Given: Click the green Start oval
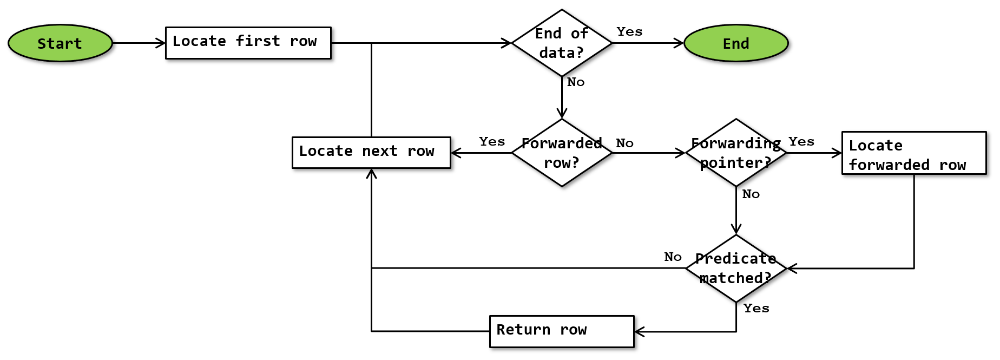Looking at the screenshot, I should [60, 43].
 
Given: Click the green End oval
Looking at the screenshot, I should [736, 43].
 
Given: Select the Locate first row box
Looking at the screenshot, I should [248, 43].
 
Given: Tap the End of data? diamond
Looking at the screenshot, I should [562, 43].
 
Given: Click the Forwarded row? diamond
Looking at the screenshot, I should [562, 153].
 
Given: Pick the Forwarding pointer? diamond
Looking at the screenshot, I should [736, 153].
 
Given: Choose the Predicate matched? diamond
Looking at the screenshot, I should [736, 268].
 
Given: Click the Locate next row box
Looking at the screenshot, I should [371, 153].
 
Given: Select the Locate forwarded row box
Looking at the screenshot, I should [914, 153].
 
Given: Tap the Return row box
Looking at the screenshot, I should [562, 331].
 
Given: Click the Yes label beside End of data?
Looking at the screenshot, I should [629, 31].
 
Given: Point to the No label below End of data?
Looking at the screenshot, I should [576, 82].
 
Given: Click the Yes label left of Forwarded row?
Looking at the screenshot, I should [492, 141].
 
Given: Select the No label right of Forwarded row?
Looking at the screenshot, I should [624, 143].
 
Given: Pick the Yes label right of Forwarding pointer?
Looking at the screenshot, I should [801, 141].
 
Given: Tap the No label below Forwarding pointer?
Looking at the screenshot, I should [751, 194].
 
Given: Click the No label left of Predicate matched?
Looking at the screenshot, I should [673, 257].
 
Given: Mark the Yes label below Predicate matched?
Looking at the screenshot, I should [756, 308].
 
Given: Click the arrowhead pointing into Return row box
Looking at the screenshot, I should [639, 331].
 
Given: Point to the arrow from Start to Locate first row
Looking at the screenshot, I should [139, 43].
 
